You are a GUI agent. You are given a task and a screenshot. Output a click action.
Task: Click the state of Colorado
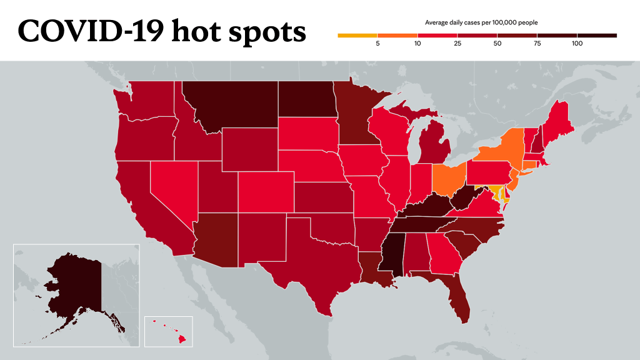coord(266,192)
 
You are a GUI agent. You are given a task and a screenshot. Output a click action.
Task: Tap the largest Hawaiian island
coord(182,338)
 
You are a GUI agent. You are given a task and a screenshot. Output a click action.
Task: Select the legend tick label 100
coord(577,44)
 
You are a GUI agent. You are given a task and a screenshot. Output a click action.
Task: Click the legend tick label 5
coord(377,44)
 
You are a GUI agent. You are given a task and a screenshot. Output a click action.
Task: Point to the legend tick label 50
coord(497,44)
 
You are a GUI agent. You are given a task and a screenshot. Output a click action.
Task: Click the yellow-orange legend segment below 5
coord(357,36)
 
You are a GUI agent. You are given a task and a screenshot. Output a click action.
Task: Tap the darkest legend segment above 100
coord(597,36)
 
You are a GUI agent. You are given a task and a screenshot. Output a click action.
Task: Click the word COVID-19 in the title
coord(91,31)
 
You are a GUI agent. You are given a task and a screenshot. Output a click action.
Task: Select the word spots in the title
coord(267,32)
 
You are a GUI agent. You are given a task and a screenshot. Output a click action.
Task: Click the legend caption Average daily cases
coord(452,23)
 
